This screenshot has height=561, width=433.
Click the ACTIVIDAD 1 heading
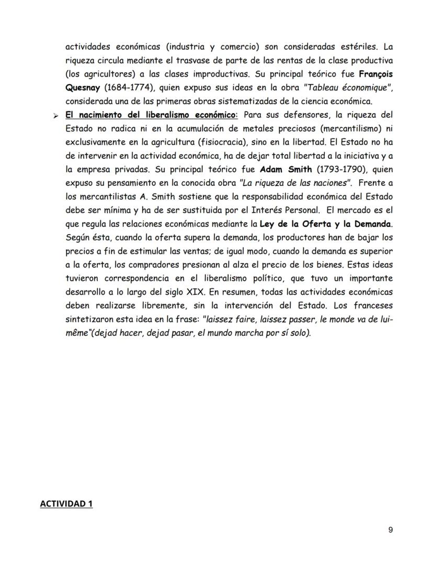66,504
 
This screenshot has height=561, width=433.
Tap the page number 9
390,530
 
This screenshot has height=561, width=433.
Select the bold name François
373,74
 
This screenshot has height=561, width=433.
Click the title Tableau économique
348,87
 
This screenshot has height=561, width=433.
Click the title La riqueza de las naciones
294,183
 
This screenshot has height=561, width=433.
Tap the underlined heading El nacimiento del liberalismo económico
151,115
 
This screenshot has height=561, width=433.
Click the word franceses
370,305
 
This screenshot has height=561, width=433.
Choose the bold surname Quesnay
83,87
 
